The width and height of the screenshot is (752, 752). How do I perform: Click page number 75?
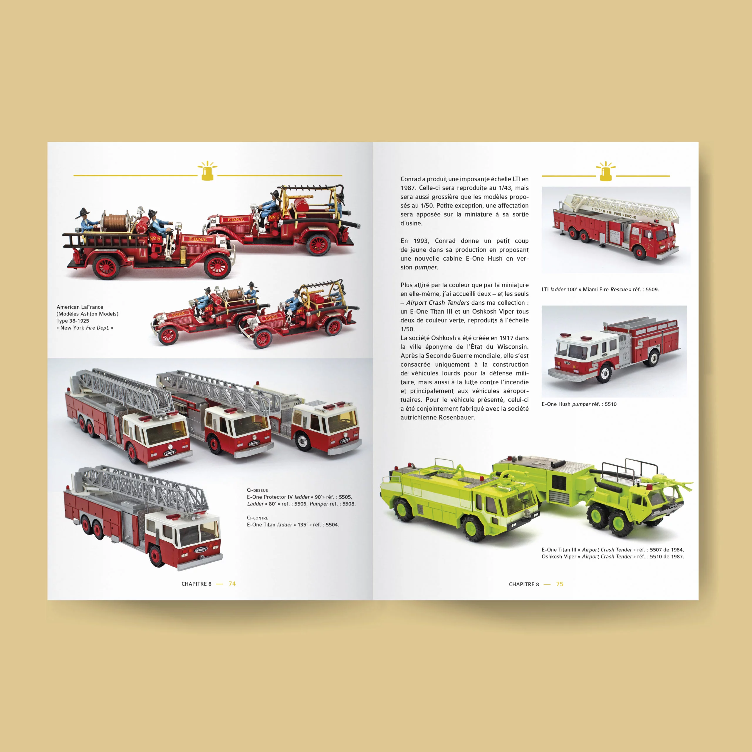560,584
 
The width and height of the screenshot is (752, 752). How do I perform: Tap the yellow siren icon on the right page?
606,171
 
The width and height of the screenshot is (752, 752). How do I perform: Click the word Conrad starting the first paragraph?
411,179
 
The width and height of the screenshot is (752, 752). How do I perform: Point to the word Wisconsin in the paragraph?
513,347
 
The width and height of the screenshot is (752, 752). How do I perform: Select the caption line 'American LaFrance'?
80,307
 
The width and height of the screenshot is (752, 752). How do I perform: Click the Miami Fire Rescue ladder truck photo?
616,230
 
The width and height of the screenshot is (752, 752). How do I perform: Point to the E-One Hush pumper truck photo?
614,351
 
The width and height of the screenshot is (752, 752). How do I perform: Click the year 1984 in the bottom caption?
677,550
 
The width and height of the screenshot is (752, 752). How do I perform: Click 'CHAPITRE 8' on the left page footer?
197,584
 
